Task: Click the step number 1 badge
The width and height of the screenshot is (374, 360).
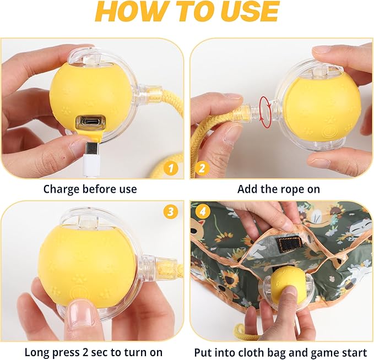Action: tap(171, 168)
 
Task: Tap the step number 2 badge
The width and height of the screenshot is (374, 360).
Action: tap(202, 168)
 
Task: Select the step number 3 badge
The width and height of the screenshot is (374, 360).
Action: tap(171, 211)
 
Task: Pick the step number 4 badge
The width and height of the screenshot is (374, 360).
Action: tap(203, 211)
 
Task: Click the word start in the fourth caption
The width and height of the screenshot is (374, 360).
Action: tap(353, 353)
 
